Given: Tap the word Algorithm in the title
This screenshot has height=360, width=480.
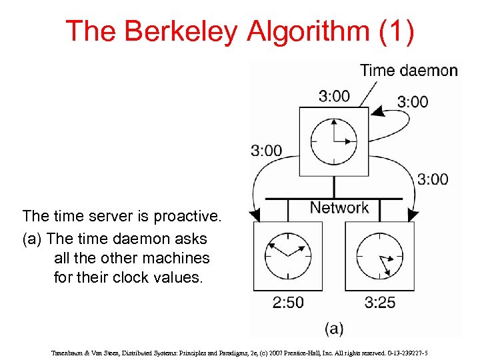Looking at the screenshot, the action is (x=299, y=31).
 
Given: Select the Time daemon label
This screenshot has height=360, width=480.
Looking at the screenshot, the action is (x=409, y=70).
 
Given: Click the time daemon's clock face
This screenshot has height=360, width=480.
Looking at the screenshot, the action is (x=333, y=141).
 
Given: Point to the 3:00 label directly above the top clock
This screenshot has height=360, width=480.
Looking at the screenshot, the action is (x=334, y=96).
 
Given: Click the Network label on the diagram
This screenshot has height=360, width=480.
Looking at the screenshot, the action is (x=339, y=207).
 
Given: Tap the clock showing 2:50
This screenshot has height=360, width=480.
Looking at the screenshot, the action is (x=287, y=256).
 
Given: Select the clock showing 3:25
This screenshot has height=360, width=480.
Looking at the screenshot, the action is (x=379, y=256).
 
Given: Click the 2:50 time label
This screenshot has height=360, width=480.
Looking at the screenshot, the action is (x=288, y=302).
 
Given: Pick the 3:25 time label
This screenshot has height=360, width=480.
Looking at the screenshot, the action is (x=380, y=302).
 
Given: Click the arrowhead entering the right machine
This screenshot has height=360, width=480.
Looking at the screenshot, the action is (x=413, y=215).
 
